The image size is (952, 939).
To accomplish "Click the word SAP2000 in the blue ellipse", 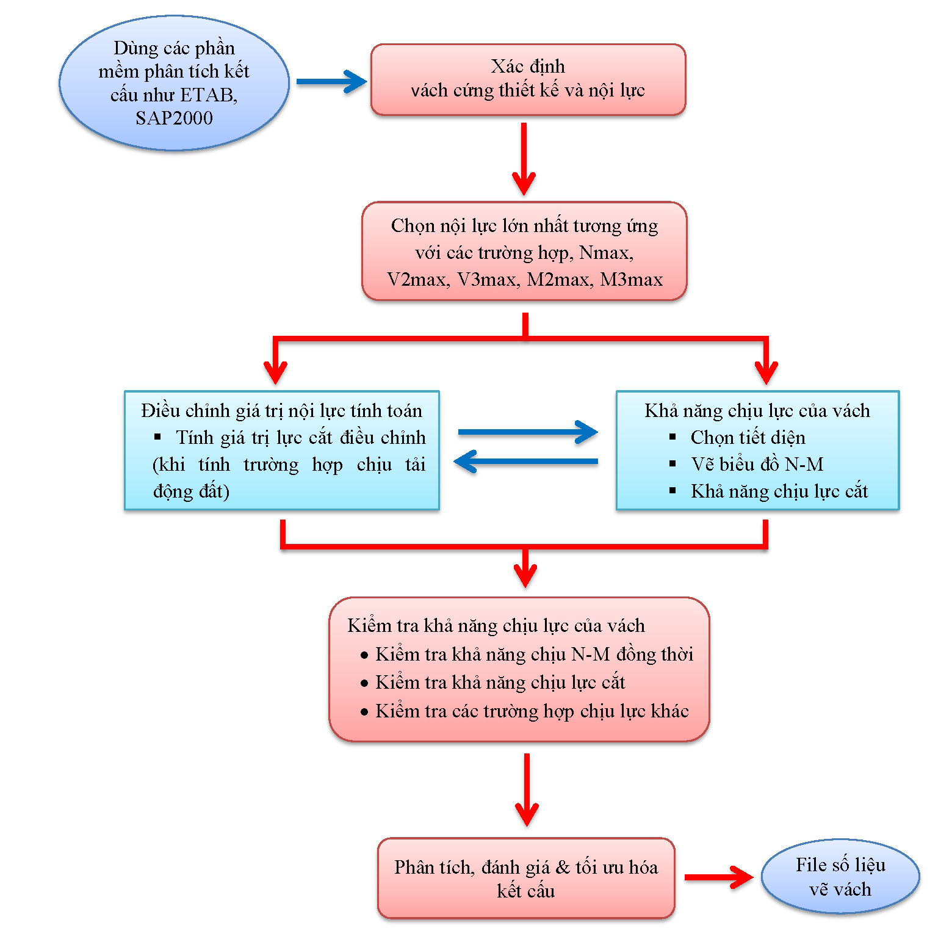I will [x=174, y=118].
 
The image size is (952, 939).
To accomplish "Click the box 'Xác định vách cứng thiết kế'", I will [x=528, y=79].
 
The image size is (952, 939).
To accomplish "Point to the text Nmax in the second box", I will [x=605, y=252].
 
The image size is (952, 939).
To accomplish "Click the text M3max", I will [x=631, y=280].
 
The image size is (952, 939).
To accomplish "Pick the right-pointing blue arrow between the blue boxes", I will [x=527, y=432].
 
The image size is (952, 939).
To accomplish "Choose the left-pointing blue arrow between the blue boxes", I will [x=526, y=462].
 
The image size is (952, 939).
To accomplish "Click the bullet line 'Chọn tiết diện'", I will [x=748, y=438].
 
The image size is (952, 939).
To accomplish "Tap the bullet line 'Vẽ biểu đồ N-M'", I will [x=757, y=465].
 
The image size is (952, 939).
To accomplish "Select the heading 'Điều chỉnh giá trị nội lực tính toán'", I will [x=281, y=411].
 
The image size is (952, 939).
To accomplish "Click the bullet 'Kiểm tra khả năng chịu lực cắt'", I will [x=500, y=682].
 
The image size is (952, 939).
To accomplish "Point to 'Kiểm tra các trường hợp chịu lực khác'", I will [x=532, y=711].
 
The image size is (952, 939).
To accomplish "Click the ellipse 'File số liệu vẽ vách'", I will [x=840, y=877].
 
